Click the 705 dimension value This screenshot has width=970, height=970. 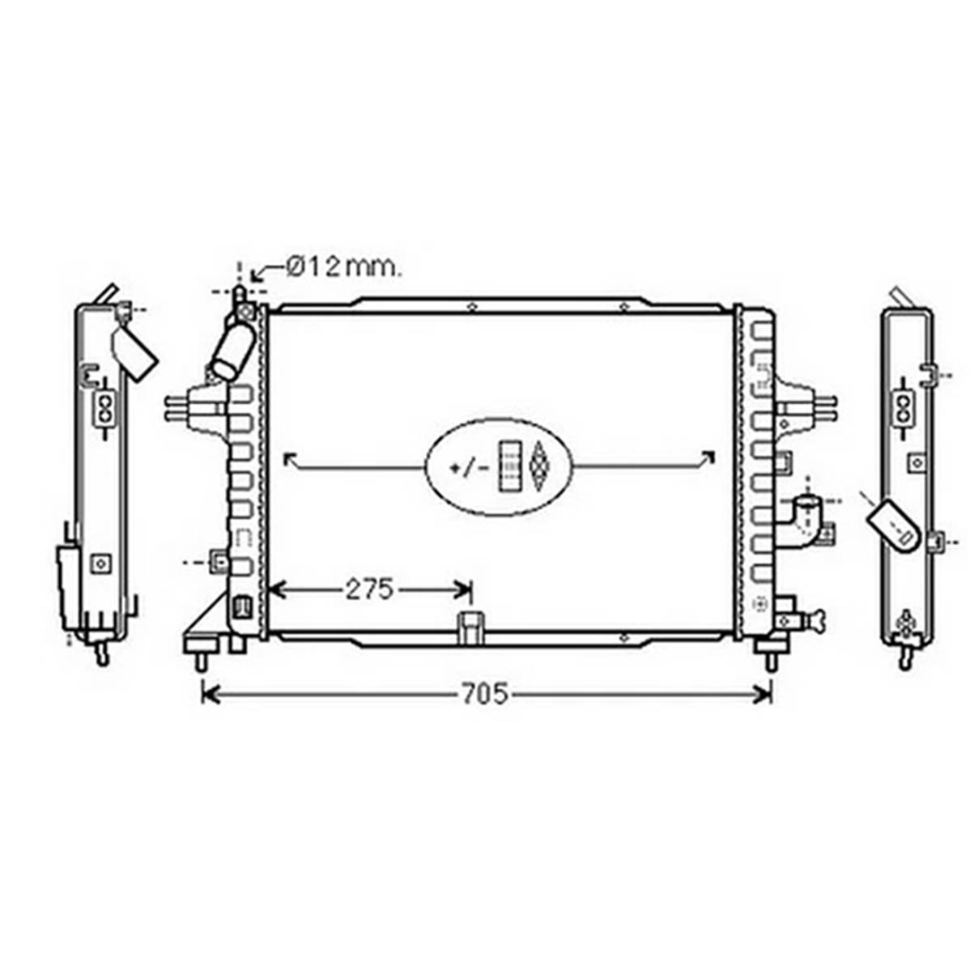485,694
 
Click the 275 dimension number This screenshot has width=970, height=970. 369,589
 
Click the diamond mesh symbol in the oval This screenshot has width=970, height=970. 538,466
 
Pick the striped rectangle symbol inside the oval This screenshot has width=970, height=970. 510,466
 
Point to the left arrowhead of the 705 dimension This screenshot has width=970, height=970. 211,694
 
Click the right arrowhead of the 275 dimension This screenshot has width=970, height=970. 464,589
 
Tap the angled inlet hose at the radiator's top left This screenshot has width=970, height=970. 232,350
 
